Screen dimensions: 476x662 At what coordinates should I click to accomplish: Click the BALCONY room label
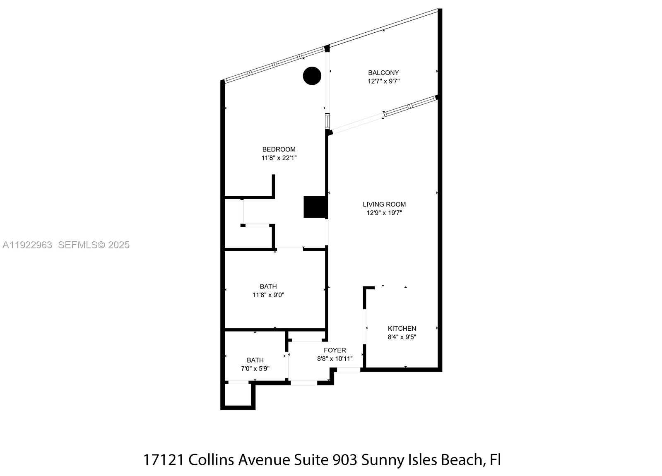click(383, 73)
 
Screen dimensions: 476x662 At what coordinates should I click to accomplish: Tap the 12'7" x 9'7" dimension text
click(383, 82)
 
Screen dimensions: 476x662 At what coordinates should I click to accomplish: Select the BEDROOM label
click(279, 149)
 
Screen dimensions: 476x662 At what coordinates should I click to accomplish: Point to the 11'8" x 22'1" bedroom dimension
click(279, 158)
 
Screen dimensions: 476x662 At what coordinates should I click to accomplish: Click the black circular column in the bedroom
click(312, 76)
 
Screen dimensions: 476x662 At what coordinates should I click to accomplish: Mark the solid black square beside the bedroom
click(315, 207)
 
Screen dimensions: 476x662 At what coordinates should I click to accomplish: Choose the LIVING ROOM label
click(384, 204)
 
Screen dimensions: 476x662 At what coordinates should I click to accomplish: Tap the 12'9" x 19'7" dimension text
click(384, 213)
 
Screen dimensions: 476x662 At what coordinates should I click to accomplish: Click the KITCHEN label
click(402, 329)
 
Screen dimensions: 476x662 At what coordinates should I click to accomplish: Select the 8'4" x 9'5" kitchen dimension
click(402, 337)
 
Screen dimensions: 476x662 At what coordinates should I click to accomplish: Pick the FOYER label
click(335, 351)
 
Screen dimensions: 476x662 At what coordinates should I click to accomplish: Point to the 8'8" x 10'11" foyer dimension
click(335, 359)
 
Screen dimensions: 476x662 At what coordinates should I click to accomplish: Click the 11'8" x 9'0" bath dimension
click(268, 295)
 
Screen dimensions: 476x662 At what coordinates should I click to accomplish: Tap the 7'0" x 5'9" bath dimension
click(255, 369)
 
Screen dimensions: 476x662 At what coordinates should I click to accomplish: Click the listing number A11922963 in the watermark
click(27, 245)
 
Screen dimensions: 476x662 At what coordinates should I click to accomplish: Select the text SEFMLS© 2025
click(94, 245)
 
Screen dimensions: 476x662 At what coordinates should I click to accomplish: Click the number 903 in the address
click(345, 460)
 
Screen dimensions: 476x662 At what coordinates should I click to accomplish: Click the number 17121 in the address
click(164, 460)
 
